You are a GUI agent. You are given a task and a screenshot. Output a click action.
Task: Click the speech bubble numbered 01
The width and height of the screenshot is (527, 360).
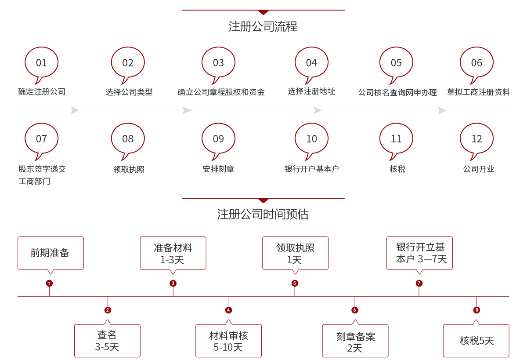tap(41, 63)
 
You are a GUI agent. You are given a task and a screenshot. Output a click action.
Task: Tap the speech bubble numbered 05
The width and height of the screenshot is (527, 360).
tap(396, 63)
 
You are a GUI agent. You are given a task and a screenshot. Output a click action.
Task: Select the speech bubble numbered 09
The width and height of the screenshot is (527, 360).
tap(218, 139)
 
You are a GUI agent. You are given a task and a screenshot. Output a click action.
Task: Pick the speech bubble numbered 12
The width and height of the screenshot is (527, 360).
tap(476, 139)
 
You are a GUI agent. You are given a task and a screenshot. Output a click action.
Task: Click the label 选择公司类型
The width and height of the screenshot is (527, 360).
tap(129, 92)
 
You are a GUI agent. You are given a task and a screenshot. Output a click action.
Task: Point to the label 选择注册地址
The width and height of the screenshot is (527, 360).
tap(311, 91)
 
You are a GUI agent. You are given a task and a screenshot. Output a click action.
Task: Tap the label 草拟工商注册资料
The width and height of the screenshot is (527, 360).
tap(479, 92)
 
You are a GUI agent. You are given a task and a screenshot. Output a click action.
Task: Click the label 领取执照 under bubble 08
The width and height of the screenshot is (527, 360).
tap(129, 169)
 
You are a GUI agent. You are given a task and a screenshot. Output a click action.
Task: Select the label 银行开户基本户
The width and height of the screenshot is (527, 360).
tap(311, 169)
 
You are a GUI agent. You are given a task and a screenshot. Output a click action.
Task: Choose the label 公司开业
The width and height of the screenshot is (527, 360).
tap(479, 169)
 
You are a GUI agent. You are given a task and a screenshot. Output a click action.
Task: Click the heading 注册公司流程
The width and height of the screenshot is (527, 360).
tap(263, 26)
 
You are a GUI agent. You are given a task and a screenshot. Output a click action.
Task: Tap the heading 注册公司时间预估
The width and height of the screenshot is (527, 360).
tap(263, 214)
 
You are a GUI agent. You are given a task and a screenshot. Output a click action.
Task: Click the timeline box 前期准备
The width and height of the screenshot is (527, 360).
tap(51, 253)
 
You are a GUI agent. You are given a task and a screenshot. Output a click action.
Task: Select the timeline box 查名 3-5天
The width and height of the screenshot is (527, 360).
tap(107, 341)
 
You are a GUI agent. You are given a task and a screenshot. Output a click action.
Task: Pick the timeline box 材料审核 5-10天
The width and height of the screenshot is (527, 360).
tap(228, 341)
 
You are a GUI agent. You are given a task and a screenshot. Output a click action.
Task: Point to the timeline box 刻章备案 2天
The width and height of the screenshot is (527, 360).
tap(355, 342)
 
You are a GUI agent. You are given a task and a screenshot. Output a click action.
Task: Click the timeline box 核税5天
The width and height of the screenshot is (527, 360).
tap(476, 341)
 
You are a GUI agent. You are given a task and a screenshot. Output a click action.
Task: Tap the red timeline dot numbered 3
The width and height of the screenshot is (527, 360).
tap(173, 283)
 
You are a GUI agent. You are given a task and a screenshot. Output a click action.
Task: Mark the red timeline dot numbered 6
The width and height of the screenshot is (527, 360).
tap(355, 310)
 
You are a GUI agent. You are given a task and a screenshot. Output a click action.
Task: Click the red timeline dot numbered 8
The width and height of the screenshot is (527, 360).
tap(476, 310)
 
